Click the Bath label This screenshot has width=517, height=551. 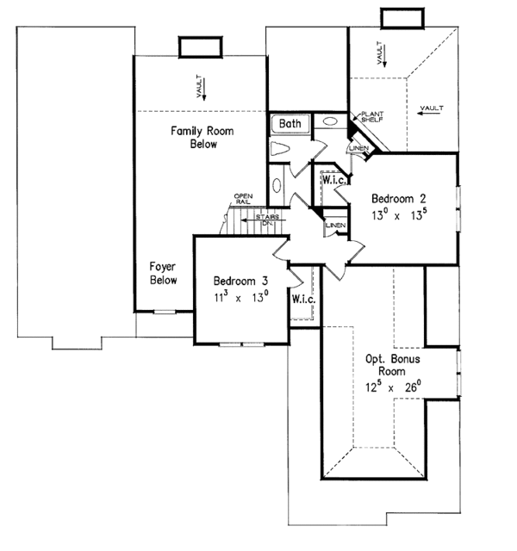pyautogui.click(x=290, y=123)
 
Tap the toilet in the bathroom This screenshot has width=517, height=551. pyautogui.click(x=279, y=149)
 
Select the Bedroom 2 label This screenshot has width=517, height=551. pyautogui.click(x=398, y=199)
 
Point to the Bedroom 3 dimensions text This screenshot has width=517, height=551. pyautogui.click(x=241, y=298)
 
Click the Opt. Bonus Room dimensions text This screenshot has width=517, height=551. pyautogui.click(x=393, y=387)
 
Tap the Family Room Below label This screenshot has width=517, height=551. pyautogui.click(x=202, y=138)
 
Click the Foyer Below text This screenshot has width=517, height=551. pyautogui.click(x=163, y=273)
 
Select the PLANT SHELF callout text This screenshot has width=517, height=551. pyautogui.click(x=372, y=117)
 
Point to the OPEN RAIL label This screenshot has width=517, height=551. pyautogui.click(x=243, y=199)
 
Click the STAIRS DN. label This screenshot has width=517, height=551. pyautogui.click(x=268, y=220)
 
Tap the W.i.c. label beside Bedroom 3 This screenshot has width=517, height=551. pyautogui.click(x=303, y=299)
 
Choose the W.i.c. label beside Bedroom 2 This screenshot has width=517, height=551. pyautogui.click(x=334, y=180)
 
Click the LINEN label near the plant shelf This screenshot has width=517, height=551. pyautogui.click(x=358, y=148)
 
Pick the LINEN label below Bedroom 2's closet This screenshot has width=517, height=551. pyautogui.click(x=335, y=225)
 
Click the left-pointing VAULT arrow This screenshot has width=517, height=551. pyautogui.click(x=429, y=113)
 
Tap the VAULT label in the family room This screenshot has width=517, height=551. pyautogui.click(x=199, y=86)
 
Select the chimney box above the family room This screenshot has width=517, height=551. pyautogui.click(x=201, y=46)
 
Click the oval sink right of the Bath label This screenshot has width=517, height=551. pyautogui.click(x=330, y=121)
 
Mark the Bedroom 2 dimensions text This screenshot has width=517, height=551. pyautogui.click(x=399, y=215)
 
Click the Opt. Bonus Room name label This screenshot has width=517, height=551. pyautogui.click(x=393, y=365)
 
